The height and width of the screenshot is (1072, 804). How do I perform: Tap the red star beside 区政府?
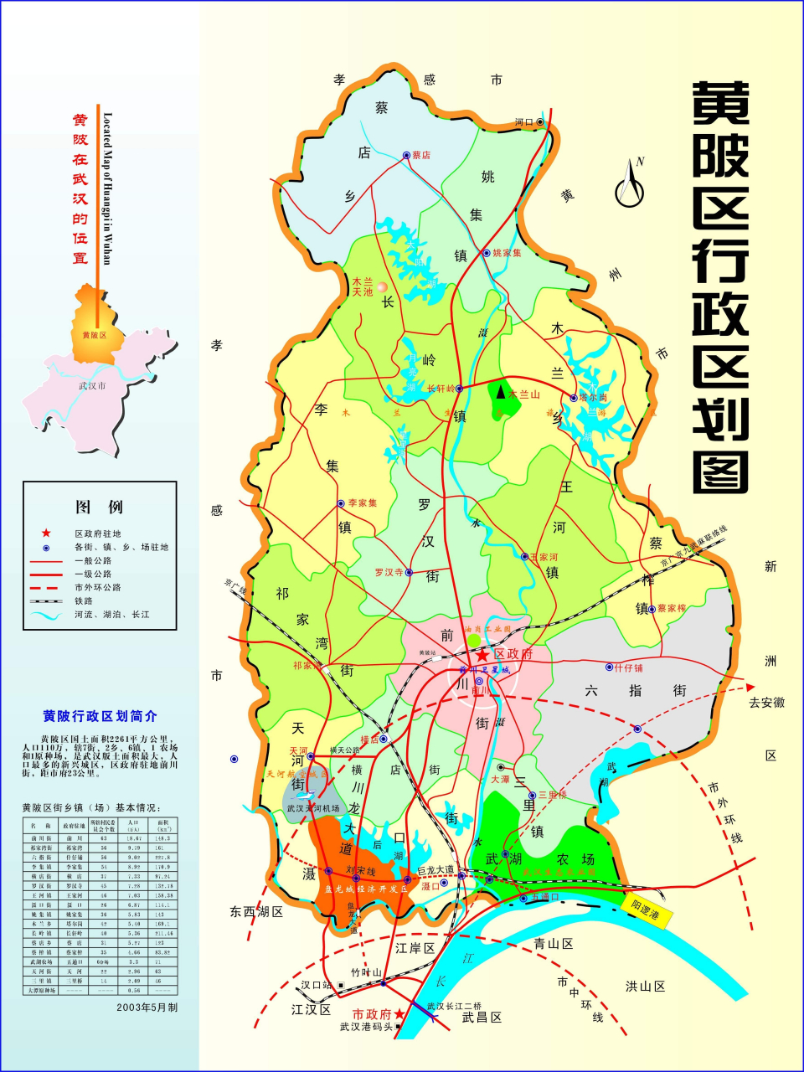click(482, 656)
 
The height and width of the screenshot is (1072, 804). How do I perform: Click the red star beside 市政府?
click(399, 1014)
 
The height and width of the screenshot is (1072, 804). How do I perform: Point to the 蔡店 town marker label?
click(421, 155)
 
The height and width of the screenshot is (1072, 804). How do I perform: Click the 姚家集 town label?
click(507, 253)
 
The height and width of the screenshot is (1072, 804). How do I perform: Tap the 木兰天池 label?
click(363, 287)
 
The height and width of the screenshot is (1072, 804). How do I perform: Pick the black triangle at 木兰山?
click(501, 392)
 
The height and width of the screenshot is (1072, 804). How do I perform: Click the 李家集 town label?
click(363, 503)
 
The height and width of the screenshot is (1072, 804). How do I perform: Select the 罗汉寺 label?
click(389, 572)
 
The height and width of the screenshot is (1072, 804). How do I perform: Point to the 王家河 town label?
click(544, 557)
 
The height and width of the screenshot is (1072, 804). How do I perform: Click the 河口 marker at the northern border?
click(524, 122)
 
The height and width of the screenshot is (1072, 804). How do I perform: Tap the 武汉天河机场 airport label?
click(312, 808)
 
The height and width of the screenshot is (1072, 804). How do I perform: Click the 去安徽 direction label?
click(766, 703)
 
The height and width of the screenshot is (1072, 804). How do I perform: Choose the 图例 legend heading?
click(99, 507)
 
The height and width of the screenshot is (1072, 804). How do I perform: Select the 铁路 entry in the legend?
click(83, 600)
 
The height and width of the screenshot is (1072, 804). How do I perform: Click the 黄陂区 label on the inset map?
click(94, 335)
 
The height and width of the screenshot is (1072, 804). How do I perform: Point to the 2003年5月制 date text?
click(147, 1008)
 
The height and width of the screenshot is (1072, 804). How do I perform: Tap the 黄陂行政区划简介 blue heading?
click(100, 716)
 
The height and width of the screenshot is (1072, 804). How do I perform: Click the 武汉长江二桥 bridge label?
click(454, 1006)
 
